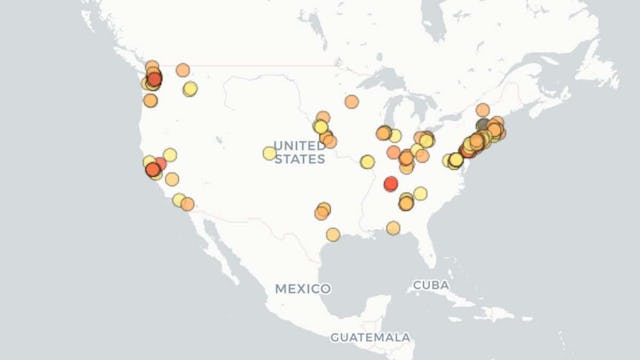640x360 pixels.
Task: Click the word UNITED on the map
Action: coord(299,144)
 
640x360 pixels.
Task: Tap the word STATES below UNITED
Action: coord(299,158)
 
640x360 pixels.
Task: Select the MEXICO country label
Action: coord(302,288)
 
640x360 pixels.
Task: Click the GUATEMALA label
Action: coord(370,337)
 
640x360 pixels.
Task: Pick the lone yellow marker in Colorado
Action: coord(269,153)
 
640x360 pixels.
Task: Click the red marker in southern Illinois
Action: coord(390,184)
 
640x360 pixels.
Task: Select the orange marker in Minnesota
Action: coord(352,101)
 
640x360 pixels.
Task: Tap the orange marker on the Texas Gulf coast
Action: coord(332,234)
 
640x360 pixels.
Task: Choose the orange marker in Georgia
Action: coord(393,228)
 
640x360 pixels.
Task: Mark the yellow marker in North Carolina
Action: coord(420,193)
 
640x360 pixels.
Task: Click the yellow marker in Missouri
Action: coord(367,162)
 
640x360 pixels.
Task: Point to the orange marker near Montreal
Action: coord(482,110)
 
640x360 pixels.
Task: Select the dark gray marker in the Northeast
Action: coord(483,126)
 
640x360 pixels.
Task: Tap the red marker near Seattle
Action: coord(154,79)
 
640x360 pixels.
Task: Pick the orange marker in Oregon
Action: coord(150,100)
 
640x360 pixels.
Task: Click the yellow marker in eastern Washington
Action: coord(190,88)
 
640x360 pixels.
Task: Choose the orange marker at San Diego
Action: coord(187,204)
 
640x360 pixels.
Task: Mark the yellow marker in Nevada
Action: coord(170,155)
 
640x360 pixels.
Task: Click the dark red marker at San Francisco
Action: coord(153,170)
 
